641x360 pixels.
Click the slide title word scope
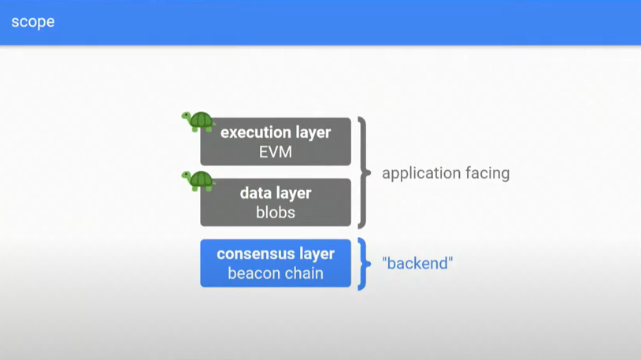[33, 22]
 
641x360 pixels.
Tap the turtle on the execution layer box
[198, 121]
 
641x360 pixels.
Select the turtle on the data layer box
[198, 181]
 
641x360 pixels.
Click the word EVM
[276, 152]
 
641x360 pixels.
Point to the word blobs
[276, 213]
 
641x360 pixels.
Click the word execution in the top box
[255, 132]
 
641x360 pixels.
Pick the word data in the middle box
[256, 193]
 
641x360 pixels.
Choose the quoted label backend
[417, 263]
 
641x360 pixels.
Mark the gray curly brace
[364, 173]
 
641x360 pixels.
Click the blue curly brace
[364, 264]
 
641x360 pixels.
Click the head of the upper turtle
[187, 117]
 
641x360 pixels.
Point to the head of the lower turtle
[187, 176]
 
